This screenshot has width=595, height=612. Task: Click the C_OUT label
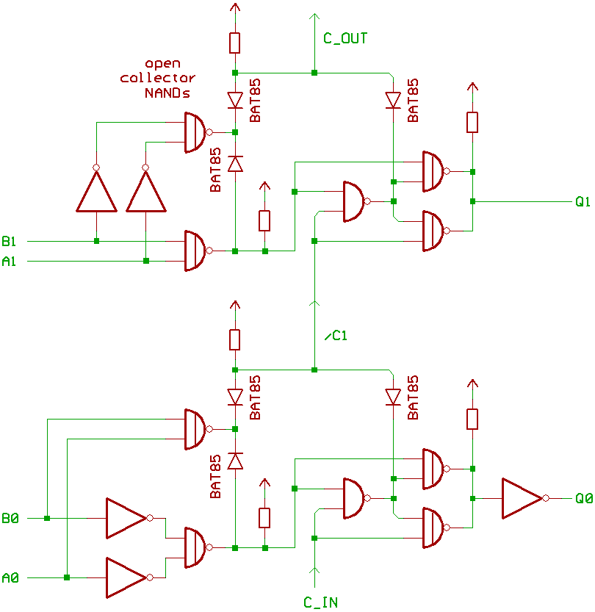(x=345, y=38)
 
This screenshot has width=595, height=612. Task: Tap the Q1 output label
(x=583, y=201)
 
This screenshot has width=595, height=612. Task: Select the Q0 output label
(x=583, y=498)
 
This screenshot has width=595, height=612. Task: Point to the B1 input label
(x=9, y=241)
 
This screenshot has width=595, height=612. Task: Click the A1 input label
(x=9, y=260)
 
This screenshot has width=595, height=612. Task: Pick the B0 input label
(x=10, y=519)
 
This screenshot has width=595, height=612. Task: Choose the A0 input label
(x=10, y=578)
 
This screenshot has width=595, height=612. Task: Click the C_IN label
(x=321, y=602)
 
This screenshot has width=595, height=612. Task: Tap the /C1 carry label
(x=335, y=336)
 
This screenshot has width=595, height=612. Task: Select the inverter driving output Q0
(x=522, y=498)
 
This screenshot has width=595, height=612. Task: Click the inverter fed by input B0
(x=126, y=518)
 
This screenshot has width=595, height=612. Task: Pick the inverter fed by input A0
(x=126, y=577)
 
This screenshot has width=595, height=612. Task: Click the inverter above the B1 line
(x=96, y=191)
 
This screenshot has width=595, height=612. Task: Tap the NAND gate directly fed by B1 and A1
(x=195, y=251)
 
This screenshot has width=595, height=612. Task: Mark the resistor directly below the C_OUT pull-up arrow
(x=234, y=43)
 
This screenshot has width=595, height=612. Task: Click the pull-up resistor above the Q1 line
(x=472, y=122)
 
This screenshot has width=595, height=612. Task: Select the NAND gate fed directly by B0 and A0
(x=195, y=429)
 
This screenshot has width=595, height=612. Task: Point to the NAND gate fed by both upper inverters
(x=195, y=132)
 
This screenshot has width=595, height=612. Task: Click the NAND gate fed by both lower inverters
(x=195, y=547)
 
